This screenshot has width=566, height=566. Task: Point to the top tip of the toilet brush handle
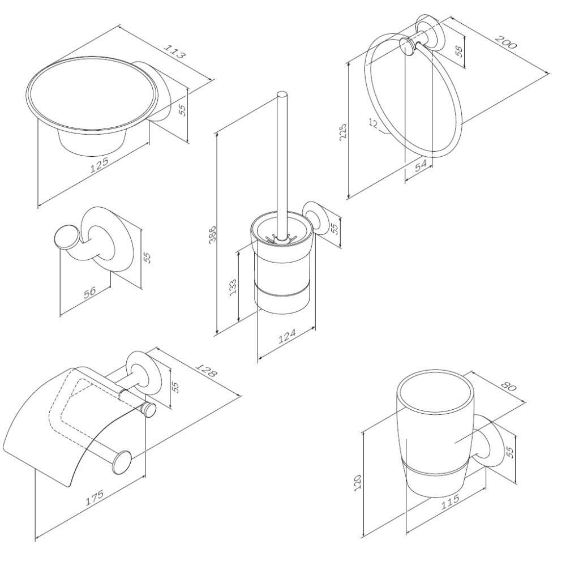(281, 93)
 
